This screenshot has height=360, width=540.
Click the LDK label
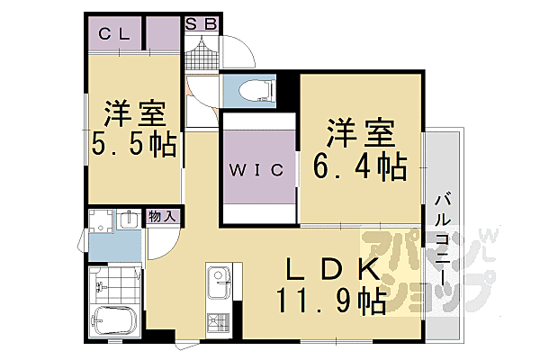(330, 269)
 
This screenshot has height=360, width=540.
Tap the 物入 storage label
(163, 217)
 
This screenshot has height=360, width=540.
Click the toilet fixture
(248, 91)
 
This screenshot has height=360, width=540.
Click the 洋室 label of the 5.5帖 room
(134, 114)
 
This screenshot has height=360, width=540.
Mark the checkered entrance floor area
(202, 55)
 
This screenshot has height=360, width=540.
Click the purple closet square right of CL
(166, 33)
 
